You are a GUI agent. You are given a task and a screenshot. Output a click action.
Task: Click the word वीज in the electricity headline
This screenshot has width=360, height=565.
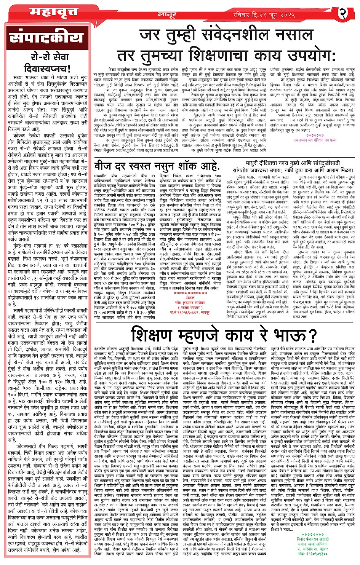pos(103,166)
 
